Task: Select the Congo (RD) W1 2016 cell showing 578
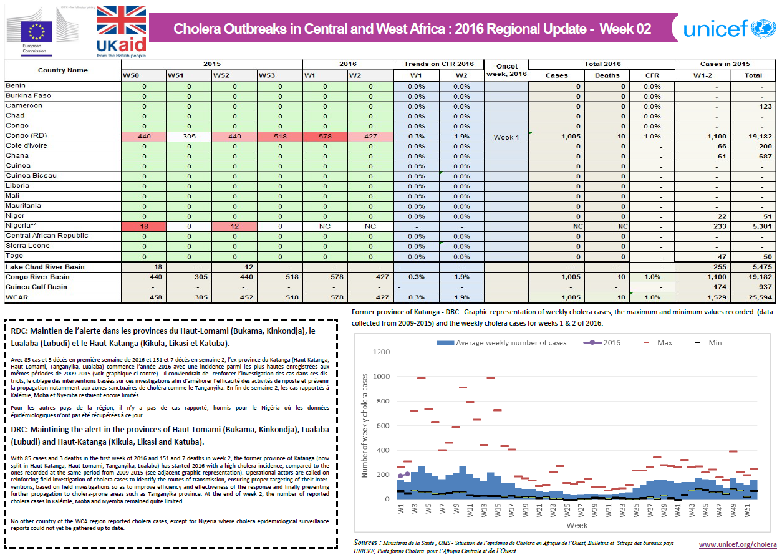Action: pyautogui.click(x=325, y=137)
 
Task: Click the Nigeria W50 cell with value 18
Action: pyautogui.click(x=143, y=226)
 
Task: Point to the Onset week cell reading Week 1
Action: pyautogui.click(x=506, y=137)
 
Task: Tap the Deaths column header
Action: pyautogui.click(x=607, y=75)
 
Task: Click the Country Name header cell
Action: pyautogui.click(x=62, y=70)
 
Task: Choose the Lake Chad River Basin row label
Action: pyautogui.click(x=46, y=267)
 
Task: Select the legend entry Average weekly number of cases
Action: pyautogui.click(x=501, y=343)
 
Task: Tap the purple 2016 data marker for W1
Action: pyautogui.click(x=400, y=476)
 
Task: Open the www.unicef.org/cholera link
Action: pyautogui.click(x=737, y=544)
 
